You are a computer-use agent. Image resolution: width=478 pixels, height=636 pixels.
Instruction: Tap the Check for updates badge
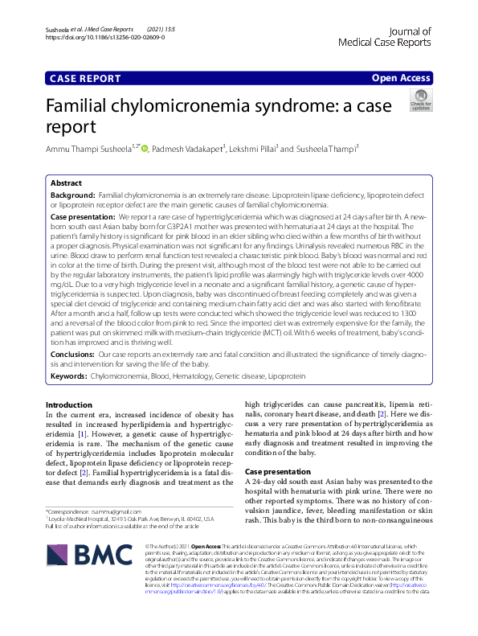pos(420,100)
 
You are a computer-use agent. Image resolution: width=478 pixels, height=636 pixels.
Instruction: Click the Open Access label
pos(400,78)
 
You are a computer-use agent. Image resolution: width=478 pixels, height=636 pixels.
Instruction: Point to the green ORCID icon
pos(145,148)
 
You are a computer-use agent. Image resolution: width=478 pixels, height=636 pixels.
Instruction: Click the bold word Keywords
pos(69,375)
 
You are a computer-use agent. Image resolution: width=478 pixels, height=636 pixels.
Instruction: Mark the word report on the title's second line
pos(71,127)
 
